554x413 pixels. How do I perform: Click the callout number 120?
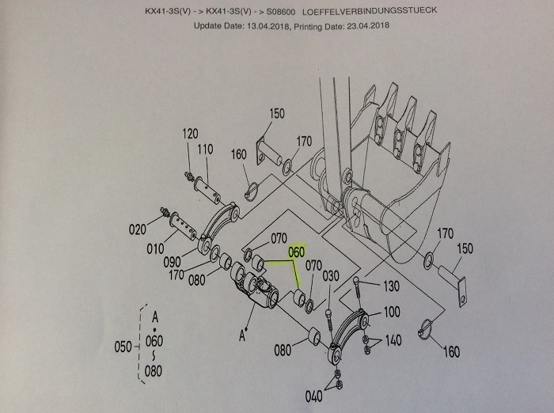click(190, 134)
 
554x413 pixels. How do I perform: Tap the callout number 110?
click(205, 150)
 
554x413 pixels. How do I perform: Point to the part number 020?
click(138, 230)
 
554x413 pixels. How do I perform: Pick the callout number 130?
click(391, 286)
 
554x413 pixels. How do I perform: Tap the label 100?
click(391, 312)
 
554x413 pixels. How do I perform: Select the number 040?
click(314, 396)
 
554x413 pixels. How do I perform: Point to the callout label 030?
click(331, 275)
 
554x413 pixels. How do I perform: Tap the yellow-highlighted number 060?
click(297, 252)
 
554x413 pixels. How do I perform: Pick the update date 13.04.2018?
click(264, 25)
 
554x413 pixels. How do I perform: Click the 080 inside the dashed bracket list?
click(154, 369)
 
